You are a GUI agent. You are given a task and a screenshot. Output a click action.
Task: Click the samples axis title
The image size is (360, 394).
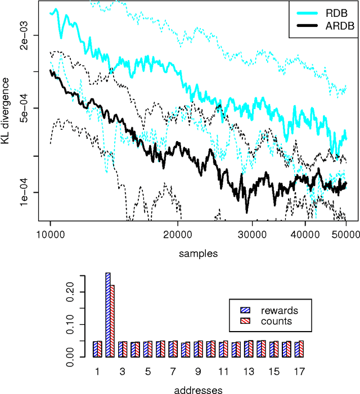click(x=198, y=254)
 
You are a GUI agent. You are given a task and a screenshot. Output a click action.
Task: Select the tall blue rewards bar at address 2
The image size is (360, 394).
click(x=108, y=315)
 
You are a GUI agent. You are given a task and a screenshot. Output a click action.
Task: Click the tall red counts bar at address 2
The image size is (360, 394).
click(x=112, y=321)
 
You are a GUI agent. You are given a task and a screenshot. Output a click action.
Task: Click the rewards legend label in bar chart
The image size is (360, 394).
click(x=280, y=310)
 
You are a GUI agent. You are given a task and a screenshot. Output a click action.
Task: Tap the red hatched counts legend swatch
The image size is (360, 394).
click(x=244, y=321)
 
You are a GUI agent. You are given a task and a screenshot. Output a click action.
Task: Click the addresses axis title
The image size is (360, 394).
click(x=198, y=389)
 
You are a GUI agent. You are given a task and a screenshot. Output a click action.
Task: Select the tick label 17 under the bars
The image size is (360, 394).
click(x=299, y=372)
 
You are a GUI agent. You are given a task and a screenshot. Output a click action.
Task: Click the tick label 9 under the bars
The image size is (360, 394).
click(x=198, y=372)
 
